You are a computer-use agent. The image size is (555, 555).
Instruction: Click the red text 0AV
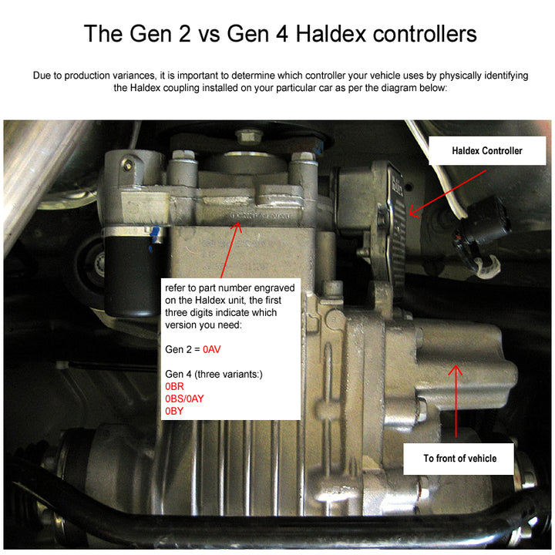212,349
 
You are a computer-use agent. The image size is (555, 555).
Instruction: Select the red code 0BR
174,386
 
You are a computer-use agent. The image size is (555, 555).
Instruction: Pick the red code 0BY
174,411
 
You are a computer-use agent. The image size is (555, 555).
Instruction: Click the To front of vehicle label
459,458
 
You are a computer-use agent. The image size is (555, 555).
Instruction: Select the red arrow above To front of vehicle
456,401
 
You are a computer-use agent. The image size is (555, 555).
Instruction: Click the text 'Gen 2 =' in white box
183,349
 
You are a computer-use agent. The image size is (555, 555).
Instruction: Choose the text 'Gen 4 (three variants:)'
214,374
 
